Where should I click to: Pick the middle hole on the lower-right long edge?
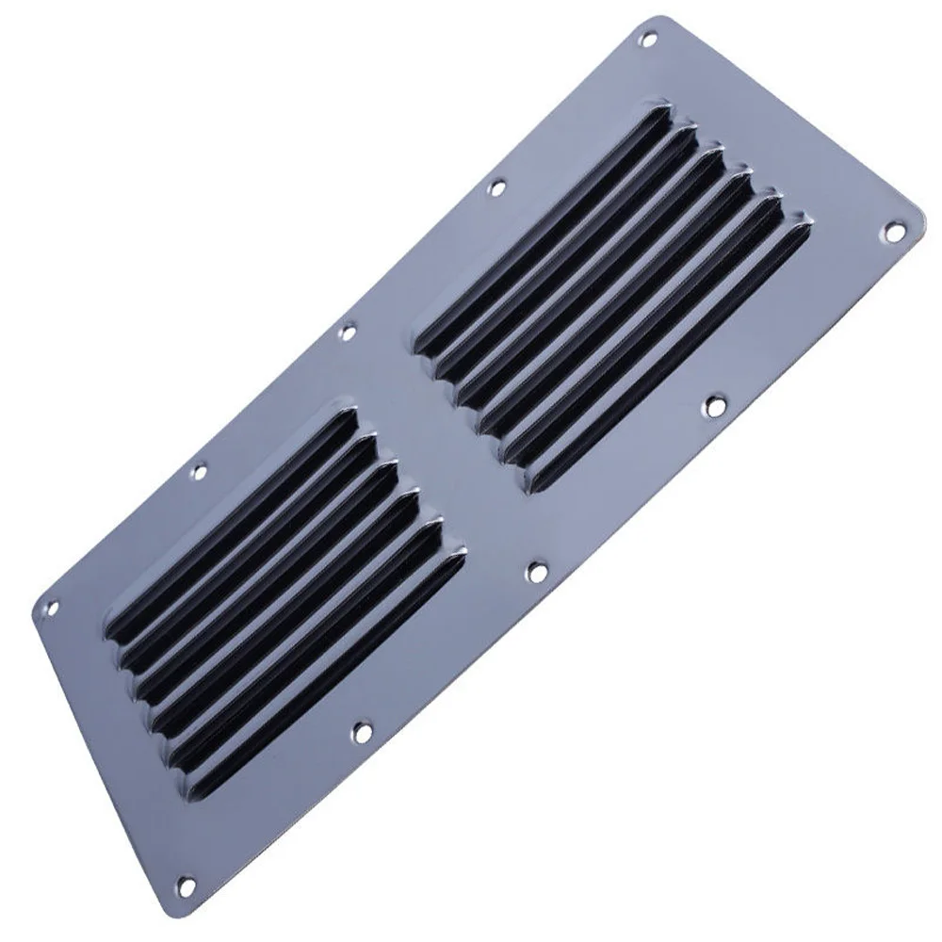point(538,572)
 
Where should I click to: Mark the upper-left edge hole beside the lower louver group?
point(198,470)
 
